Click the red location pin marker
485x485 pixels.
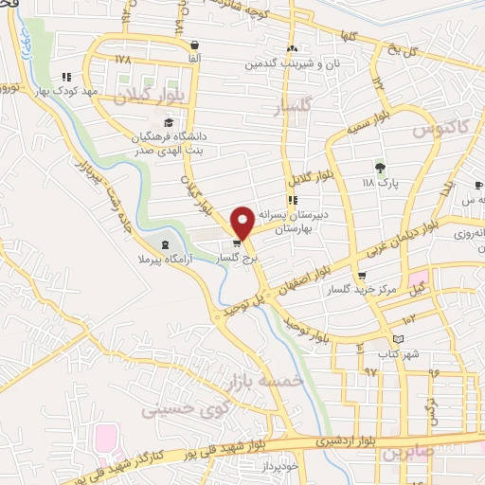click(242, 222)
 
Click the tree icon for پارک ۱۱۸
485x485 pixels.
click(380, 168)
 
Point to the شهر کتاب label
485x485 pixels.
click(396, 353)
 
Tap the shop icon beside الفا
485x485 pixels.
click(195, 45)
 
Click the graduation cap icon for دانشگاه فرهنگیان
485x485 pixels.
click(169, 122)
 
